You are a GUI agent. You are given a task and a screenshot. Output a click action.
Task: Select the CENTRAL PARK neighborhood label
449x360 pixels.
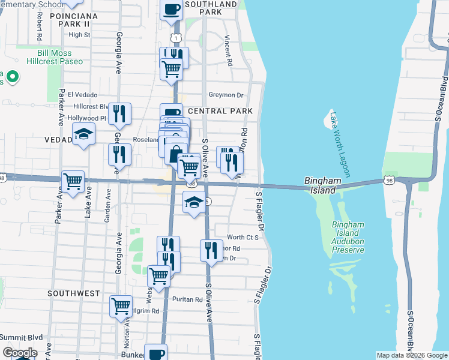220,111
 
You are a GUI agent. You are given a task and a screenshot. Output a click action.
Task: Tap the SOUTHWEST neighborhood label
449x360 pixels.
74,293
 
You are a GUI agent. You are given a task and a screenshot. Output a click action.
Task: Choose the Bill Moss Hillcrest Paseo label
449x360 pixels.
55,57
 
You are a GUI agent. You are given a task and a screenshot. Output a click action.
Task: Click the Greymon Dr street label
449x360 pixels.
225,95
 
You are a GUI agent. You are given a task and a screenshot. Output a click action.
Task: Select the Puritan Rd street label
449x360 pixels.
185,299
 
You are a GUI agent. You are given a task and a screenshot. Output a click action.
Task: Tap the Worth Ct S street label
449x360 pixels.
243,238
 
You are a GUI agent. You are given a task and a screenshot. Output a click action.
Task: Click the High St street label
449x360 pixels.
79,35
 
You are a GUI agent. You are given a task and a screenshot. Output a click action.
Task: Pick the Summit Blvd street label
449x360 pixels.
22,338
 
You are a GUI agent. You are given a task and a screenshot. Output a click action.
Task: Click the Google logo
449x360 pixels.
20,353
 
